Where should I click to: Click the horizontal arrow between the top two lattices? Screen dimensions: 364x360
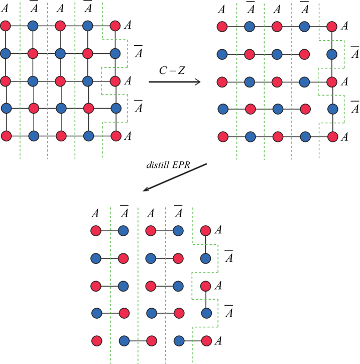click(175, 82)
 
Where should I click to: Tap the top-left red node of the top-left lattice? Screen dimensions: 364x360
click(6, 26)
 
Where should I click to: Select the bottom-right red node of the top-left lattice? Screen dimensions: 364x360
click(116, 136)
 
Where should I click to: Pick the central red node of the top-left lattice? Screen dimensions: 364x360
click(61, 81)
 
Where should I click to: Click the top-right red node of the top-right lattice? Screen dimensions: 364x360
click(331, 27)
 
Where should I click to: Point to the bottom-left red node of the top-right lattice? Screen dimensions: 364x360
click(223, 136)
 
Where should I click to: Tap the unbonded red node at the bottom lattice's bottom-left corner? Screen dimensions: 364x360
click(97, 341)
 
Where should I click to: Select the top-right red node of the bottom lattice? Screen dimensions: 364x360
click(205, 231)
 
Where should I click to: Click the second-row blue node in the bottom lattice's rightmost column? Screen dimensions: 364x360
click(205, 258)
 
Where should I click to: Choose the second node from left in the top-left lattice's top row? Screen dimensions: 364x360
click(33, 26)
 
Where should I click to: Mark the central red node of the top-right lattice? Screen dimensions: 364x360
click(277, 82)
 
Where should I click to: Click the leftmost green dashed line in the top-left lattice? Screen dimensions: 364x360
click(20, 80)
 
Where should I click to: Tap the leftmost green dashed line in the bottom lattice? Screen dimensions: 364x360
click(110, 285)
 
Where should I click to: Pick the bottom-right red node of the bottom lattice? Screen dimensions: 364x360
click(206, 341)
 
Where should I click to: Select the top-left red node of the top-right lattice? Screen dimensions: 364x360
click(222, 27)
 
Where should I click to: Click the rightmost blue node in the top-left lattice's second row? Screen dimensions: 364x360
click(115, 53)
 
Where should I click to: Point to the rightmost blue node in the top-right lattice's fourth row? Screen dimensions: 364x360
click(332, 109)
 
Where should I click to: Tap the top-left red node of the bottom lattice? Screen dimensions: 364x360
click(96, 231)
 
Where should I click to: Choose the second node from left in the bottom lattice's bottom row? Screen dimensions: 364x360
click(124, 341)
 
